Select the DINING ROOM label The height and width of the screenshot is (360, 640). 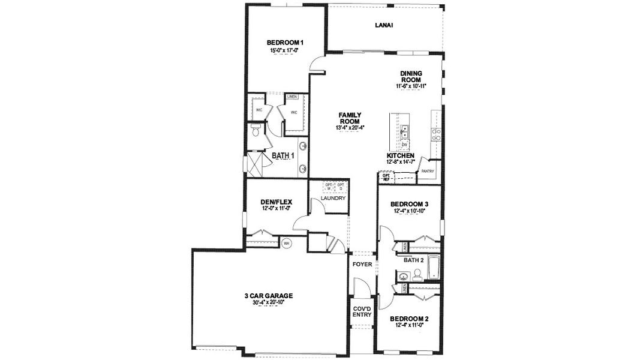[411, 77]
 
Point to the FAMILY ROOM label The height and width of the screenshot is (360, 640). [349, 118]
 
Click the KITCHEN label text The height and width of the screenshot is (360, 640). [401, 155]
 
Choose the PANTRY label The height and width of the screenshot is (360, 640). [427, 171]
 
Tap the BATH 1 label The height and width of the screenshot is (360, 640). [283, 156]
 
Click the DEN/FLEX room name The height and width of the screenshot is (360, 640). [276, 202]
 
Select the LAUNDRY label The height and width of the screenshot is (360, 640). [333, 198]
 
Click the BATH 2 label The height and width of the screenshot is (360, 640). [414, 260]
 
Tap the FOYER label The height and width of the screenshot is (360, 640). [362, 265]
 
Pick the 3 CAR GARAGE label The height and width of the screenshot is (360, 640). [268, 296]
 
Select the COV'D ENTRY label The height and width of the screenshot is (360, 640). [362, 311]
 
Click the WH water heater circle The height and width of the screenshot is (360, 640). [287, 244]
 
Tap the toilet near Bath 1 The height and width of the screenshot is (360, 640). [256, 130]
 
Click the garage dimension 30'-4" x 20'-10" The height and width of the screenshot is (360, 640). [268, 303]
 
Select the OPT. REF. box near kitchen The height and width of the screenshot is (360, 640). [386, 177]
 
